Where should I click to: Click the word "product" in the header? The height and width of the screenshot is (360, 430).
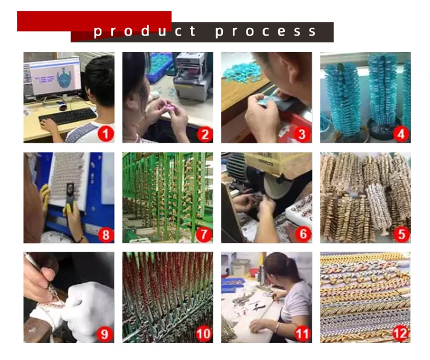[x=144, y=32]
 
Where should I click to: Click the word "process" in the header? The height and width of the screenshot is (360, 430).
[x=265, y=32]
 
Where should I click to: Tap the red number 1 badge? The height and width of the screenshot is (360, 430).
[x=106, y=134]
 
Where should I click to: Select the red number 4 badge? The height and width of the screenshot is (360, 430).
[x=401, y=134]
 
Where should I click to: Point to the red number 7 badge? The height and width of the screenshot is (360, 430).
[x=204, y=234]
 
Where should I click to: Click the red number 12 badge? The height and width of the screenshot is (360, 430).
[x=401, y=334]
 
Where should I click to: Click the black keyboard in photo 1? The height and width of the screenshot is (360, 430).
[x=68, y=115]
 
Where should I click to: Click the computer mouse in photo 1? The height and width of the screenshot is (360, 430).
[x=63, y=107]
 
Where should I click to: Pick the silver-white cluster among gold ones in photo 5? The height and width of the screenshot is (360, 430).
[x=379, y=206]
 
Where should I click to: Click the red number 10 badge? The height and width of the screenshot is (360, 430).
[x=204, y=334]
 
